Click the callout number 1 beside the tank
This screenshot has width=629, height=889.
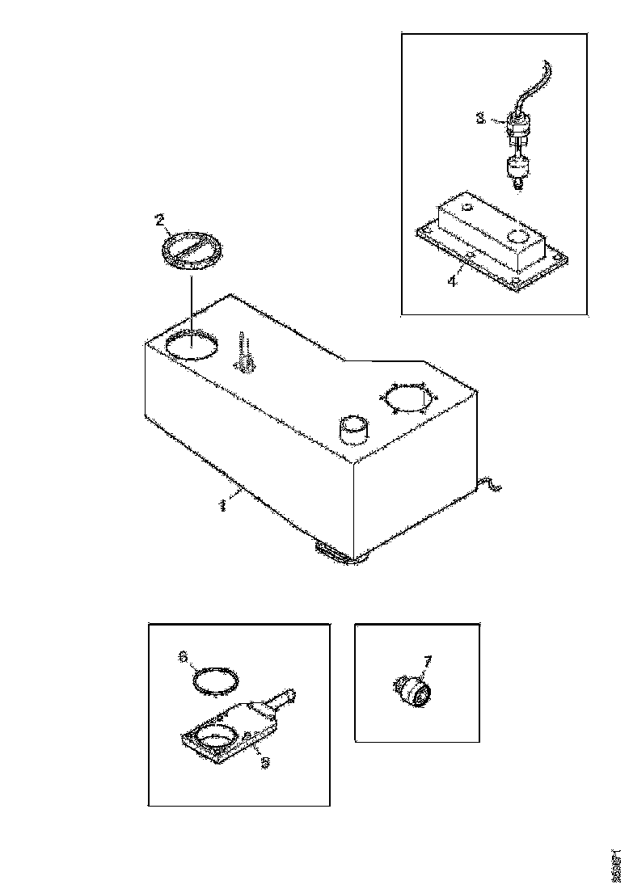click(221, 505)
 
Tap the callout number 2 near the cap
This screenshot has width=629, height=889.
click(159, 219)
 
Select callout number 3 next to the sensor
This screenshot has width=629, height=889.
click(479, 118)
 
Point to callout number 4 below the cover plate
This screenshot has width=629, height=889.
click(453, 281)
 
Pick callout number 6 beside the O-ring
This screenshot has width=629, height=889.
click(184, 658)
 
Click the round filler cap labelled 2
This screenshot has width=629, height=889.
click(192, 246)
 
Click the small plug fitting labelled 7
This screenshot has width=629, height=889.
click(416, 691)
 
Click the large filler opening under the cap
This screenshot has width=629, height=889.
click(191, 347)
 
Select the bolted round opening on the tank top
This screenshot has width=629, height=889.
click(407, 398)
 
